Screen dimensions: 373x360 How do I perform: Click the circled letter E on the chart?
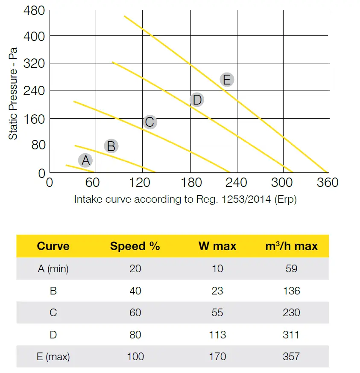[227, 79]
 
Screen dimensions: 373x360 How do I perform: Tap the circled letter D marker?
[196, 100]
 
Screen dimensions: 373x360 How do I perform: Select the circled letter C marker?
[149, 122]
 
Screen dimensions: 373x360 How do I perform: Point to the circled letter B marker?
[111, 146]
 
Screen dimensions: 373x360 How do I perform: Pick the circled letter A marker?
[85, 160]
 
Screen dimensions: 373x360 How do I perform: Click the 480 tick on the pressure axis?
[33, 10]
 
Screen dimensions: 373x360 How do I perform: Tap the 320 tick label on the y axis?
[33, 64]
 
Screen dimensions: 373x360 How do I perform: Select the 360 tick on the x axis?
[327, 183]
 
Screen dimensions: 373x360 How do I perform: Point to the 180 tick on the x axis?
[189, 183]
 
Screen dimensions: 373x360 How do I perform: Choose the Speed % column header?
[135, 246]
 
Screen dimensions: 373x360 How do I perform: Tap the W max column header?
[217, 246]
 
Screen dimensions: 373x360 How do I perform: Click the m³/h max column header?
[291, 246]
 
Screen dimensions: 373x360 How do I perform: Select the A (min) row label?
[53, 269]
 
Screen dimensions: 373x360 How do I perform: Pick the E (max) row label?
[53, 356]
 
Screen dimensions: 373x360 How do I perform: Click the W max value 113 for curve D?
[217, 335]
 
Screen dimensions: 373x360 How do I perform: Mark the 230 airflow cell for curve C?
[291, 313]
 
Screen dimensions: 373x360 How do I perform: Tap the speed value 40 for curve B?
[135, 291]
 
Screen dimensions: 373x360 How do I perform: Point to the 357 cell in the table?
[291, 356]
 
